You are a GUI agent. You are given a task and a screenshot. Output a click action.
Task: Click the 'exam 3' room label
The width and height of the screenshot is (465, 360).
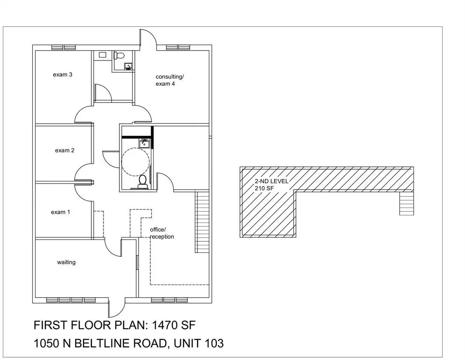62,75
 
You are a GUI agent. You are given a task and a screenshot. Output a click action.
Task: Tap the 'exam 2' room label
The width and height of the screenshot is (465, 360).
65,150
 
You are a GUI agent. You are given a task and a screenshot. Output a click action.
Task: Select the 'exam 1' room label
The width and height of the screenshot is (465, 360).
60,212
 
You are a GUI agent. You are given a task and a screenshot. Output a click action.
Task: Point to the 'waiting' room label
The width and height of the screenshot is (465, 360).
66,262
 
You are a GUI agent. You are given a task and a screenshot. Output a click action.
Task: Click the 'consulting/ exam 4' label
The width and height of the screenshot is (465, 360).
170,80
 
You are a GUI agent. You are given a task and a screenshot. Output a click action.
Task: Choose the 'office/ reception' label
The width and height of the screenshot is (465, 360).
162,233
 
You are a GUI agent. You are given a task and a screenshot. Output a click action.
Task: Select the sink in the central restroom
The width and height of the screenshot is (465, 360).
144,143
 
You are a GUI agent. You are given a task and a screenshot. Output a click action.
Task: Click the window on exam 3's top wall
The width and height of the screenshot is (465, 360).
64,47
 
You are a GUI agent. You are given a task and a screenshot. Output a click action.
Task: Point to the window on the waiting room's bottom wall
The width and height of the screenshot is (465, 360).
71,300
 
